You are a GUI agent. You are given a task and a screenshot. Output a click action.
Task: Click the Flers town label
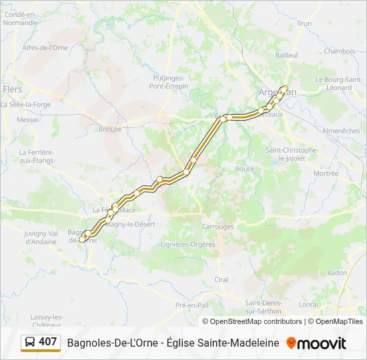tap(12, 89)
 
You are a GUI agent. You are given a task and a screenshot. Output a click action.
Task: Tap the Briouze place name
tap(110, 129)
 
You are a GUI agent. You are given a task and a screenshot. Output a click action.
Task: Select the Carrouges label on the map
tap(218, 227)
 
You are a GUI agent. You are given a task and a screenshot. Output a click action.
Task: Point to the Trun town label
tap(304, 23)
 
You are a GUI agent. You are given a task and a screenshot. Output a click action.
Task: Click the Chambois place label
tap(339, 51)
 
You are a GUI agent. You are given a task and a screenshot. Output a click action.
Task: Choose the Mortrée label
tap(326, 173)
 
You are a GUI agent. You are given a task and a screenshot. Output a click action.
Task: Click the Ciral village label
tap(222, 279)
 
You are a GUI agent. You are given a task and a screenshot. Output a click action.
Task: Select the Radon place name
tap(338, 273)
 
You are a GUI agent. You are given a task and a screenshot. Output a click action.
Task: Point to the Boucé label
tap(245, 169)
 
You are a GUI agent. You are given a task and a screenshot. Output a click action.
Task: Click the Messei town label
tap(27, 120)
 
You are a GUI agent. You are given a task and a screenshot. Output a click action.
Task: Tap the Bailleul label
tap(286, 55)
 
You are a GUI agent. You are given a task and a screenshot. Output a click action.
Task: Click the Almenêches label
tap(341, 131)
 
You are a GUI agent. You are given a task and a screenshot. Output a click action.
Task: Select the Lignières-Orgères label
tap(189, 244)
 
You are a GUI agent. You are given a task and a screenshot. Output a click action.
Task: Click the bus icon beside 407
tap(29, 343)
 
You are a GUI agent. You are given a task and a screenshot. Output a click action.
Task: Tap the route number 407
tap(48, 342)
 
